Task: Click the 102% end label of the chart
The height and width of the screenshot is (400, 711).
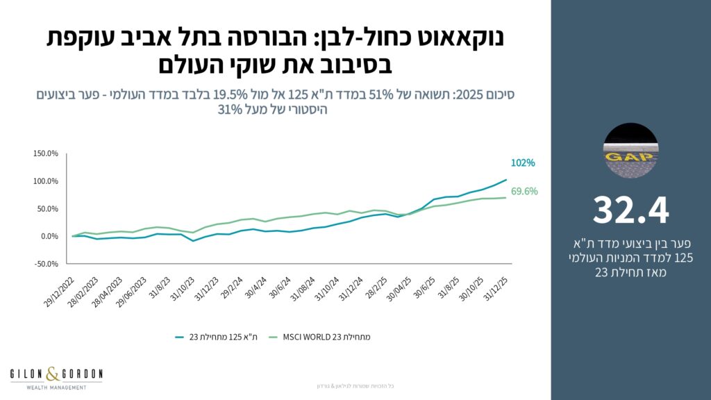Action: [x=524, y=163]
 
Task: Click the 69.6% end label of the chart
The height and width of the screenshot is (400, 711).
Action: [x=525, y=192]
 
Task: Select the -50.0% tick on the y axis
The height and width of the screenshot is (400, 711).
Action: [x=47, y=264]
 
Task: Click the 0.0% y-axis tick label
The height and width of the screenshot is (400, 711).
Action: [x=50, y=236]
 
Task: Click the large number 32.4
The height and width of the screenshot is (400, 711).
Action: [x=631, y=211]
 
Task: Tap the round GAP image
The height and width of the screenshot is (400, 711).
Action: [x=631, y=151]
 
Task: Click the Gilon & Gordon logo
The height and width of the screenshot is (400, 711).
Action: [x=56, y=378]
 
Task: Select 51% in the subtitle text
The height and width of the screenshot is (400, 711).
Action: [x=392, y=94]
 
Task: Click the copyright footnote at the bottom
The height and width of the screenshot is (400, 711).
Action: [x=355, y=385]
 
